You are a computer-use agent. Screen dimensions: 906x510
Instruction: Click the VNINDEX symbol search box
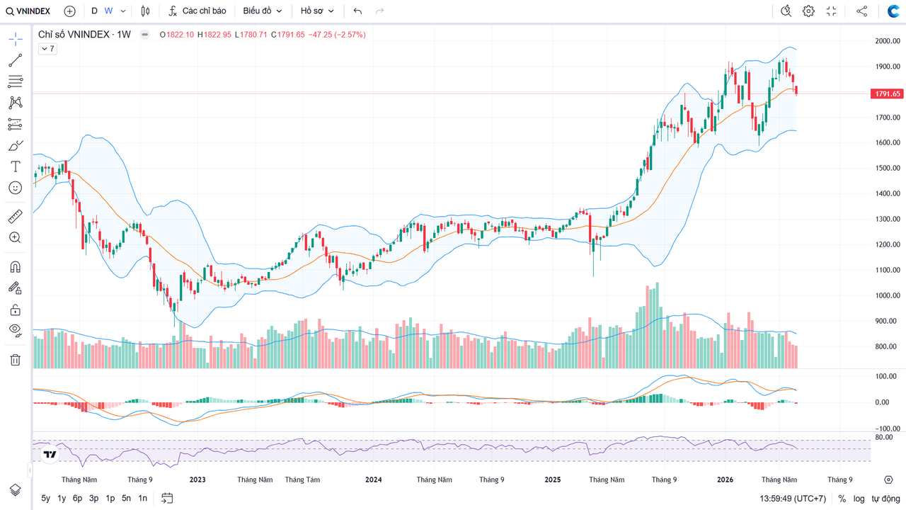(x=28, y=11)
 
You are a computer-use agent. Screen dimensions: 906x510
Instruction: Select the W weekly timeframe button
(x=108, y=11)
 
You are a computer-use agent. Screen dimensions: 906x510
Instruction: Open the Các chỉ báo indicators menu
(x=197, y=11)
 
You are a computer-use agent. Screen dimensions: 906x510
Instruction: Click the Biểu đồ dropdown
(x=262, y=11)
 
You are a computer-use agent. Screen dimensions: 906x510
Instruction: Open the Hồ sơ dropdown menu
(x=317, y=11)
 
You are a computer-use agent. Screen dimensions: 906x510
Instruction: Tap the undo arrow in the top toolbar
(x=357, y=11)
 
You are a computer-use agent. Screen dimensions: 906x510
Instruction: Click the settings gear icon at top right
(x=808, y=11)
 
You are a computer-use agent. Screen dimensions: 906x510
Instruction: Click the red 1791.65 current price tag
(x=887, y=94)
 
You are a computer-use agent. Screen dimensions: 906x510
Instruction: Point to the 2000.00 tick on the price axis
(x=888, y=41)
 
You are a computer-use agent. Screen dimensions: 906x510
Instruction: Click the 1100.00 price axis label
(x=888, y=270)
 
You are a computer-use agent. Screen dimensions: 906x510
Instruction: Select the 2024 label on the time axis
(x=373, y=480)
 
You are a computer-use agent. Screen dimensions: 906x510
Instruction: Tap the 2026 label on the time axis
(x=726, y=480)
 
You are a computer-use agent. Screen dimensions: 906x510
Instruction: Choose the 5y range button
(x=46, y=498)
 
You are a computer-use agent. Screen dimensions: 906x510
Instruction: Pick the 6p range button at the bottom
(x=77, y=498)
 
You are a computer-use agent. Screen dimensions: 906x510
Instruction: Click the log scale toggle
(x=859, y=499)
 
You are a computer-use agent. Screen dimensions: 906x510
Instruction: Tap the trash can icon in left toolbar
(x=16, y=360)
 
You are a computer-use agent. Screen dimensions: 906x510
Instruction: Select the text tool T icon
(x=16, y=166)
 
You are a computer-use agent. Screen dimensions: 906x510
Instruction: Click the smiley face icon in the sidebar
(x=16, y=188)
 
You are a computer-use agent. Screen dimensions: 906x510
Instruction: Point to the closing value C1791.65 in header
(x=287, y=35)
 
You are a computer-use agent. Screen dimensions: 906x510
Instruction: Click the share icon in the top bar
(x=861, y=11)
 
